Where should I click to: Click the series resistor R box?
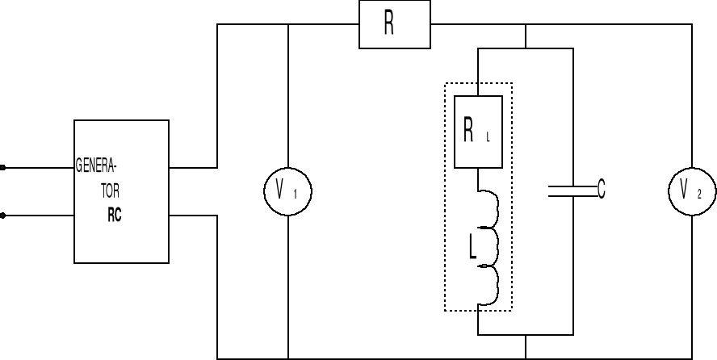(394, 24)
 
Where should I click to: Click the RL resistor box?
(479, 132)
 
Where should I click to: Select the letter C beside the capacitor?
(601, 190)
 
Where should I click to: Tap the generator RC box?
(121, 191)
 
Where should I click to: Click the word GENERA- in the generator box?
(96, 168)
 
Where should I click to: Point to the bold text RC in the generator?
(114, 216)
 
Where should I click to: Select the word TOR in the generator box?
(110, 195)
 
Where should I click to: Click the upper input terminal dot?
(3, 168)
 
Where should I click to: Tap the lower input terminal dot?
(3, 216)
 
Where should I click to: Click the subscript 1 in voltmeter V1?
(296, 195)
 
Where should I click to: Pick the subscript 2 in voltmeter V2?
(699, 195)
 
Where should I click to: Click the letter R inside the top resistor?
(388, 25)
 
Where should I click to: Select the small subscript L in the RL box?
(488, 137)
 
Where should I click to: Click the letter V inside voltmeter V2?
(685, 190)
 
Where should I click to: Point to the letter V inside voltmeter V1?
(280, 190)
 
